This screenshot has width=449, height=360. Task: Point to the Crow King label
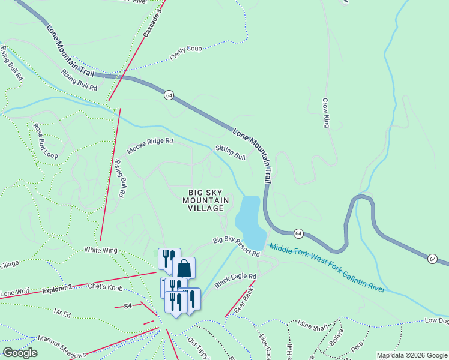326,113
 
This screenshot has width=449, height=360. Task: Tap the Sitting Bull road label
231,153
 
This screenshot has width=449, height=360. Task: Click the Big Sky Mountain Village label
205,200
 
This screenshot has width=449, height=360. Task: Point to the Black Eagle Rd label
235,280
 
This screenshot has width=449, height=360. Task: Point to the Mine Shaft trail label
313,326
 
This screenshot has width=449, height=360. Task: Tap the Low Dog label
436,320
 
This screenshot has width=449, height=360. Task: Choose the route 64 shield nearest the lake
298,233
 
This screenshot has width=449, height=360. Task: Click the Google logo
20,353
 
